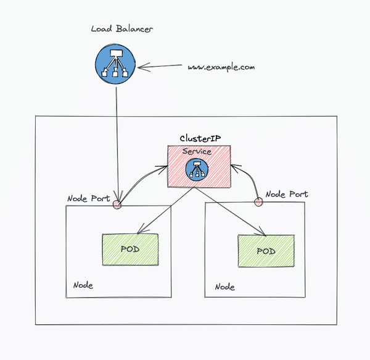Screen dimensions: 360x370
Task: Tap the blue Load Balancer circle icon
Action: [x=115, y=65]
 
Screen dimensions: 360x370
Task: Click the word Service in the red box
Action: [x=197, y=151]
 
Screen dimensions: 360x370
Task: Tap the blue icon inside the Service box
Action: [x=199, y=169]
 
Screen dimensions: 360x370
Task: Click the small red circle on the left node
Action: [x=116, y=204]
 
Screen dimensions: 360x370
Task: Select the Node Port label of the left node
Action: [x=88, y=199]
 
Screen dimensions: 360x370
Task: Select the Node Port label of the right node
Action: [x=286, y=194]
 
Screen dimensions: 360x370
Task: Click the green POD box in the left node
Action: [x=130, y=249]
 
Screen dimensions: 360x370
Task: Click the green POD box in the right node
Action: [x=265, y=251]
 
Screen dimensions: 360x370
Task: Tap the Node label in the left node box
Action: [x=83, y=285]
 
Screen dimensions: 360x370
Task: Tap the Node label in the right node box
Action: [x=224, y=287]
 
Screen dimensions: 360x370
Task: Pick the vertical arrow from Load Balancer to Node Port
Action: [x=116, y=142]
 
